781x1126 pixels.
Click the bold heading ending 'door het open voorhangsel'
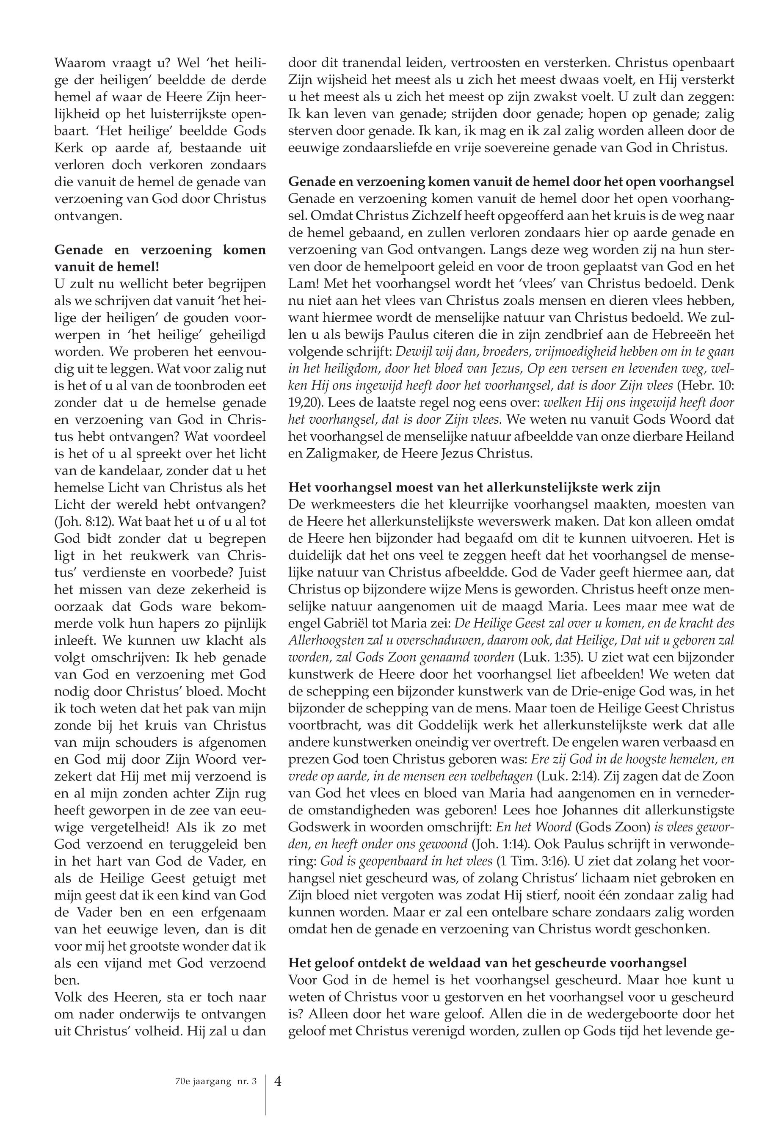click(x=511, y=182)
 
